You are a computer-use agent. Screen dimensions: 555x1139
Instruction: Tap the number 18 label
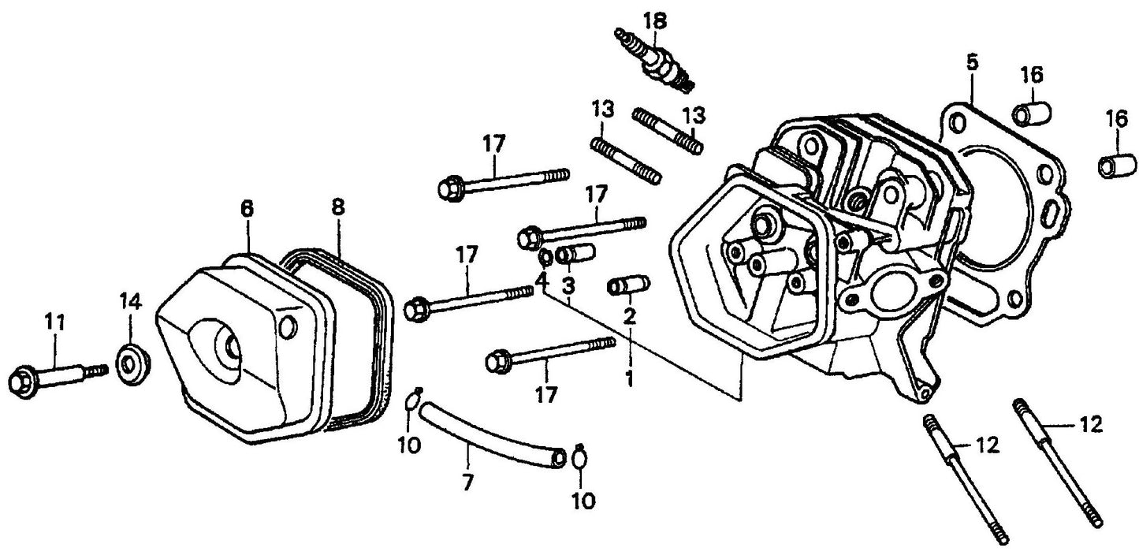coord(654,19)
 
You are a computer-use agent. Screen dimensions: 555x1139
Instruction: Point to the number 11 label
coord(55,322)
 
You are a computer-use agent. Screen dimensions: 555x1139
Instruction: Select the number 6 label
coord(247,208)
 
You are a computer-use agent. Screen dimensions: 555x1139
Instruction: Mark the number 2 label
coord(629,317)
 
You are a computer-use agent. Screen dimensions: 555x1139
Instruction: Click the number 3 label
coord(568,282)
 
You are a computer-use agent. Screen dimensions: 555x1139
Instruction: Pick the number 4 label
coord(542,279)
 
